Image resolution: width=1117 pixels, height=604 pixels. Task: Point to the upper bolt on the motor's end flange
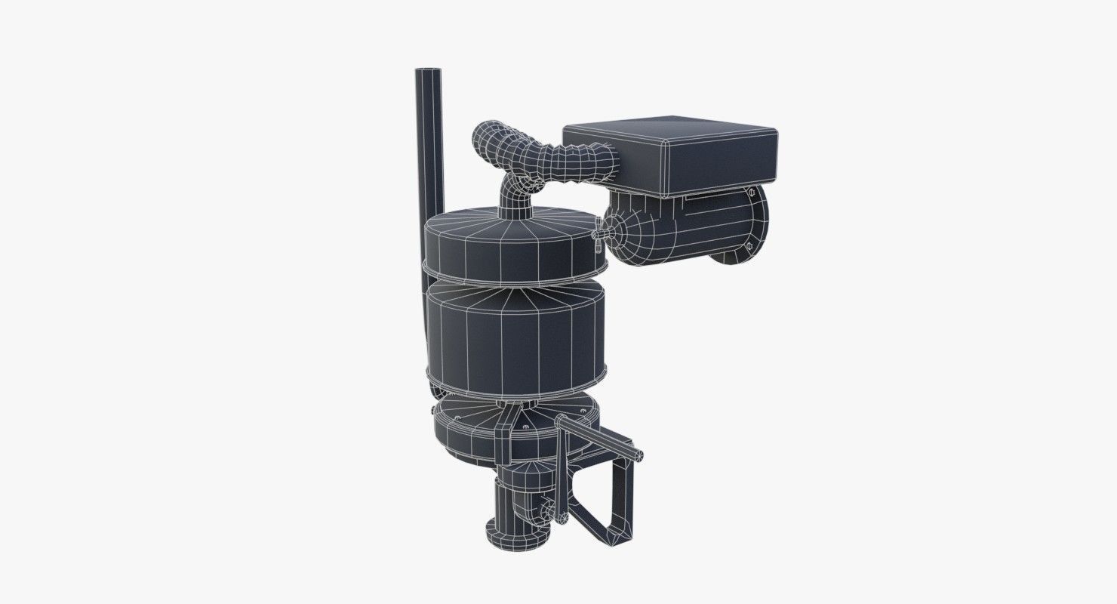[x=752, y=195]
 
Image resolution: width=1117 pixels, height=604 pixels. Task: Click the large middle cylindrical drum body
[x=513, y=332]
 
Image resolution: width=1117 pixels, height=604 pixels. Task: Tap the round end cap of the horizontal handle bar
[x=640, y=455]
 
